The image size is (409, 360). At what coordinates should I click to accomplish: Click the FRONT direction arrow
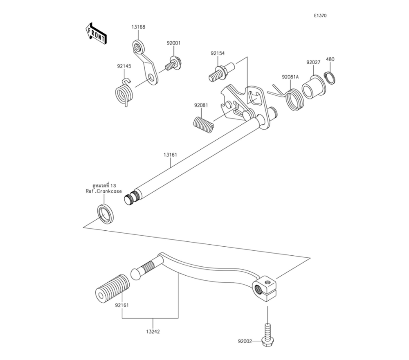click(x=96, y=33)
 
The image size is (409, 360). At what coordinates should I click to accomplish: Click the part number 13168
click(x=138, y=27)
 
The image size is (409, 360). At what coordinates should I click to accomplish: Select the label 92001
click(x=173, y=43)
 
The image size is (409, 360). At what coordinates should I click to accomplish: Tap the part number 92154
click(x=218, y=53)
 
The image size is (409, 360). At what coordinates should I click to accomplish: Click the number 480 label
click(x=330, y=59)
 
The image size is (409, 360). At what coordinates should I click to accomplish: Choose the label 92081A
click(x=290, y=77)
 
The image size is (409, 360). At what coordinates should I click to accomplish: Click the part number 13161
click(x=170, y=155)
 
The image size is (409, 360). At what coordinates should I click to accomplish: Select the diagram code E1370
click(x=320, y=16)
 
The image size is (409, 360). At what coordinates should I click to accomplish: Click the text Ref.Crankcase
click(x=104, y=191)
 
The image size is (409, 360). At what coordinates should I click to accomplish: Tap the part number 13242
click(x=152, y=332)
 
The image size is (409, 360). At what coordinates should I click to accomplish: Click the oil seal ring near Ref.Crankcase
click(x=106, y=213)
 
